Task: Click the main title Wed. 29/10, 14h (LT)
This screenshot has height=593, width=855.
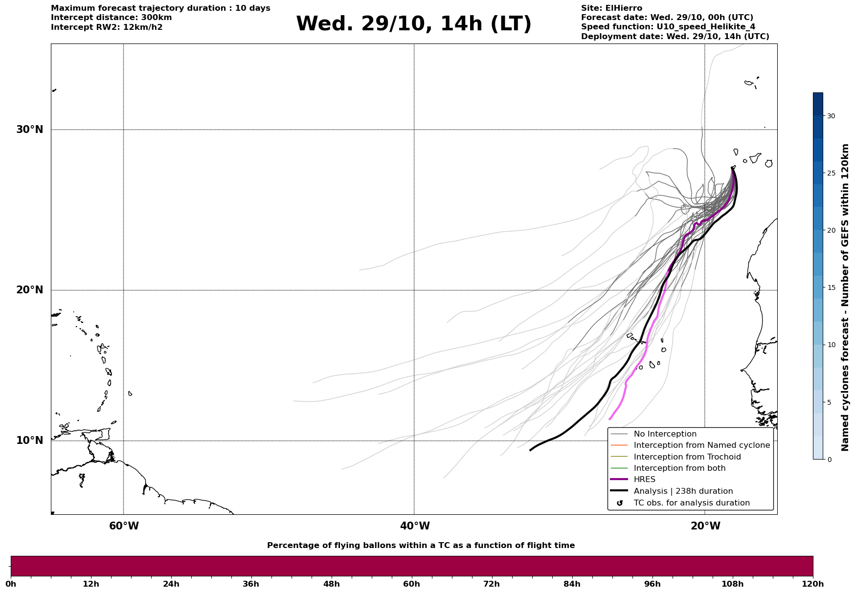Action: pyautogui.click(x=413, y=24)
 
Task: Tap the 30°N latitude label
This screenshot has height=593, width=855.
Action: pyautogui.click(x=29, y=130)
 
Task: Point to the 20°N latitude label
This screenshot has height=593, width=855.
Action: pyautogui.click(x=29, y=290)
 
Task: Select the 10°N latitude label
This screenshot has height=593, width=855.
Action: pyautogui.click(x=29, y=440)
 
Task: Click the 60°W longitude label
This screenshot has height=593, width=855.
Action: pyautogui.click(x=124, y=526)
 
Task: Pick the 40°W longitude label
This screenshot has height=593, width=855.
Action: pyautogui.click(x=415, y=526)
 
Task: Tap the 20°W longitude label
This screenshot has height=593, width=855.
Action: pyautogui.click(x=705, y=526)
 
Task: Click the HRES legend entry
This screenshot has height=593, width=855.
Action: pyautogui.click(x=644, y=480)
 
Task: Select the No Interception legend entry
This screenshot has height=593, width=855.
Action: pyautogui.click(x=665, y=434)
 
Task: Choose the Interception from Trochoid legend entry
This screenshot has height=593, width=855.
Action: pyautogui.click(x=687, y=457)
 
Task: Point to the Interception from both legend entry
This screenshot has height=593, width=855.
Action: pyautogui.click(x=679, y=468)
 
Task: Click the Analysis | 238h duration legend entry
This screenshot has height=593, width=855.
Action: pyautogui.click(x=683, y=491)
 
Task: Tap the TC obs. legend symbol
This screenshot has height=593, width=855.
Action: pyautogui.click(x=620, y=503)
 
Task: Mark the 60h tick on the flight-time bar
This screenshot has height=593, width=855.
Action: pyautogui.click(x=411, y=584)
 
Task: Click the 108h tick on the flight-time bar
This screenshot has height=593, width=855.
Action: pyautogui.click(x=732, y=584)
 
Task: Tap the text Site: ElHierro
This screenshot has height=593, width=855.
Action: pyautogui.click(x=611, y=8)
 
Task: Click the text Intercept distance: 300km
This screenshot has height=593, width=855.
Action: pyautogui.click(x=111, y=18)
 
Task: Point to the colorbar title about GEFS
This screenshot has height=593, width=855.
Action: pyautogui.click(x=845, y=297)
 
